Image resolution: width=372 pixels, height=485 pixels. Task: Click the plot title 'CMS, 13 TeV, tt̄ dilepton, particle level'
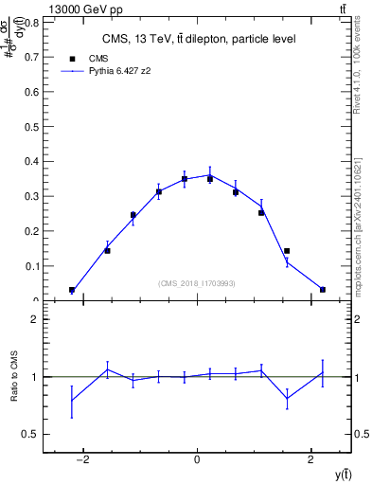pyautogui.click(x=198, y=39)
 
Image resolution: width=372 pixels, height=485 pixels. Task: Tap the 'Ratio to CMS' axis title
pyautogui.click(x=14, y=376)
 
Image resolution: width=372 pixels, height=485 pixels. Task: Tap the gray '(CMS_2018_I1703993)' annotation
pyautogui.click(x=197, y=283)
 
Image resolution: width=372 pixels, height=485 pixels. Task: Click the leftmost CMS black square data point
pyautogui.click(x=72, y=290)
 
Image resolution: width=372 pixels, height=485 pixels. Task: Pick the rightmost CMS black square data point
pyautogui.click(x=323, y=290)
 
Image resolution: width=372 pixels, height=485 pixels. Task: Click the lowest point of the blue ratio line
pyautogui.click(x=72, y=400)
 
